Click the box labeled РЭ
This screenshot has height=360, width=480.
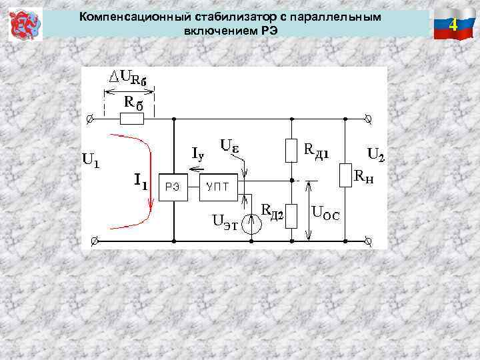[x=172, y=188]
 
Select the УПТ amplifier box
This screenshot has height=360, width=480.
[x=217, y=188]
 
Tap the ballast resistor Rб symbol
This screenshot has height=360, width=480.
[x=131, y=119]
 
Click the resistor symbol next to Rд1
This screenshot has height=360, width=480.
[x=291, y=151]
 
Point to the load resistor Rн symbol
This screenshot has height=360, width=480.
[x=345, y=175]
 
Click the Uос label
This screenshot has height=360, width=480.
[x=326, y=215]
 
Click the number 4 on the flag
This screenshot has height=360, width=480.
[x=453, y=25]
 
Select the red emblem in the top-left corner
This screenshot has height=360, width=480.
[x=25, y=25]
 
